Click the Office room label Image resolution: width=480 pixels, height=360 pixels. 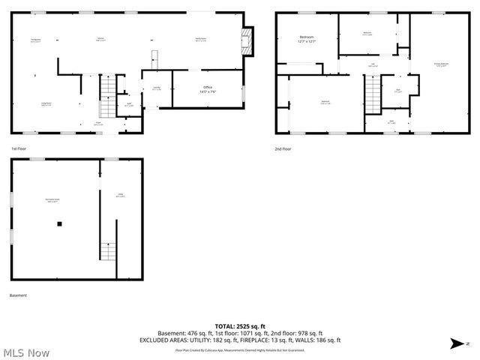pyautogui.click(x=207, y=89)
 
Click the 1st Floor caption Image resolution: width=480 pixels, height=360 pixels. pyautogui.click(x=19, y=148)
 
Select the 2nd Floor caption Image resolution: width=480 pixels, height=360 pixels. pyautogui.click(x=283, y=148)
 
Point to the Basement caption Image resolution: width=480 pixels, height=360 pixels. pyautogui.click(x=19, y=295)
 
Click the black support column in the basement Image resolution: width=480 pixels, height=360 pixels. pyautogui.click(x=59, y=223)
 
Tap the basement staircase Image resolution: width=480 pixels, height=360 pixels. pyautogui.click(x=109, y=251)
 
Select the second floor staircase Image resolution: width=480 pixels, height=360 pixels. pyautogui.click(x=373, y=94)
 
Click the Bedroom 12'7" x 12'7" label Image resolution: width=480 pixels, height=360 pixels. pyautogui.click(x=307, y=39)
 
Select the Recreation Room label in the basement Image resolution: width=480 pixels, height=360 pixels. pyautogui.click(x=53, y=199)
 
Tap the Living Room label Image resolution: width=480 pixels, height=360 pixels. pyautogui.click(x=45, y=104)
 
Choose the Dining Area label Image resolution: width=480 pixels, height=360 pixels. pyautogui.click(x=35, y=40)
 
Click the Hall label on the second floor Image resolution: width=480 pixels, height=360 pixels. pyautogui.click(x=372, y=65)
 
